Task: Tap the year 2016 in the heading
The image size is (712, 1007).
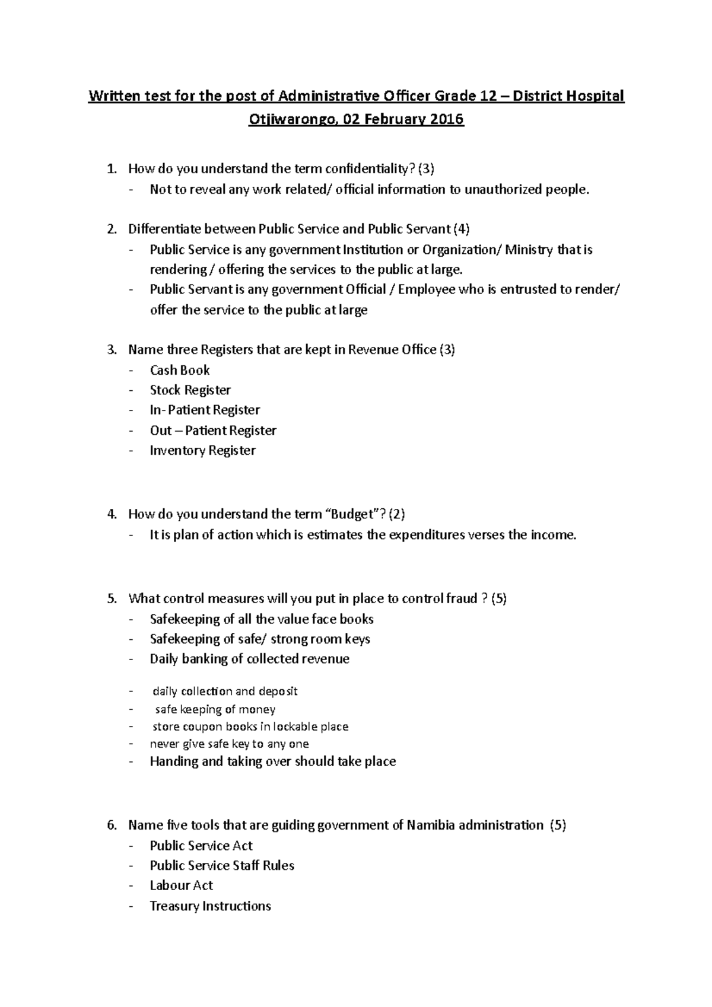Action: (x=447, y=120)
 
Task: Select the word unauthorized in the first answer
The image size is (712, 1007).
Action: (x=503, y=190)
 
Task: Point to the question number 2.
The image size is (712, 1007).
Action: (x=111, y=230)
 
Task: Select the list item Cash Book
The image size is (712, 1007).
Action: (x=180, y=371)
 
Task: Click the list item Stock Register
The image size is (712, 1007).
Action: (x=190, y=390)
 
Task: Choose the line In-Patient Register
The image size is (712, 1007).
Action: (x=205, y=410)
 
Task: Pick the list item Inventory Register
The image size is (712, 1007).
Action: (x=202, y=451)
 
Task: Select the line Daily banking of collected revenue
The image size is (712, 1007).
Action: (x=249, y=659)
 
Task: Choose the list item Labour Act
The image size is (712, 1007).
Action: (x=181, y=886)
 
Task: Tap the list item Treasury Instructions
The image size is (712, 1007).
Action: (x=210, y=906)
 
